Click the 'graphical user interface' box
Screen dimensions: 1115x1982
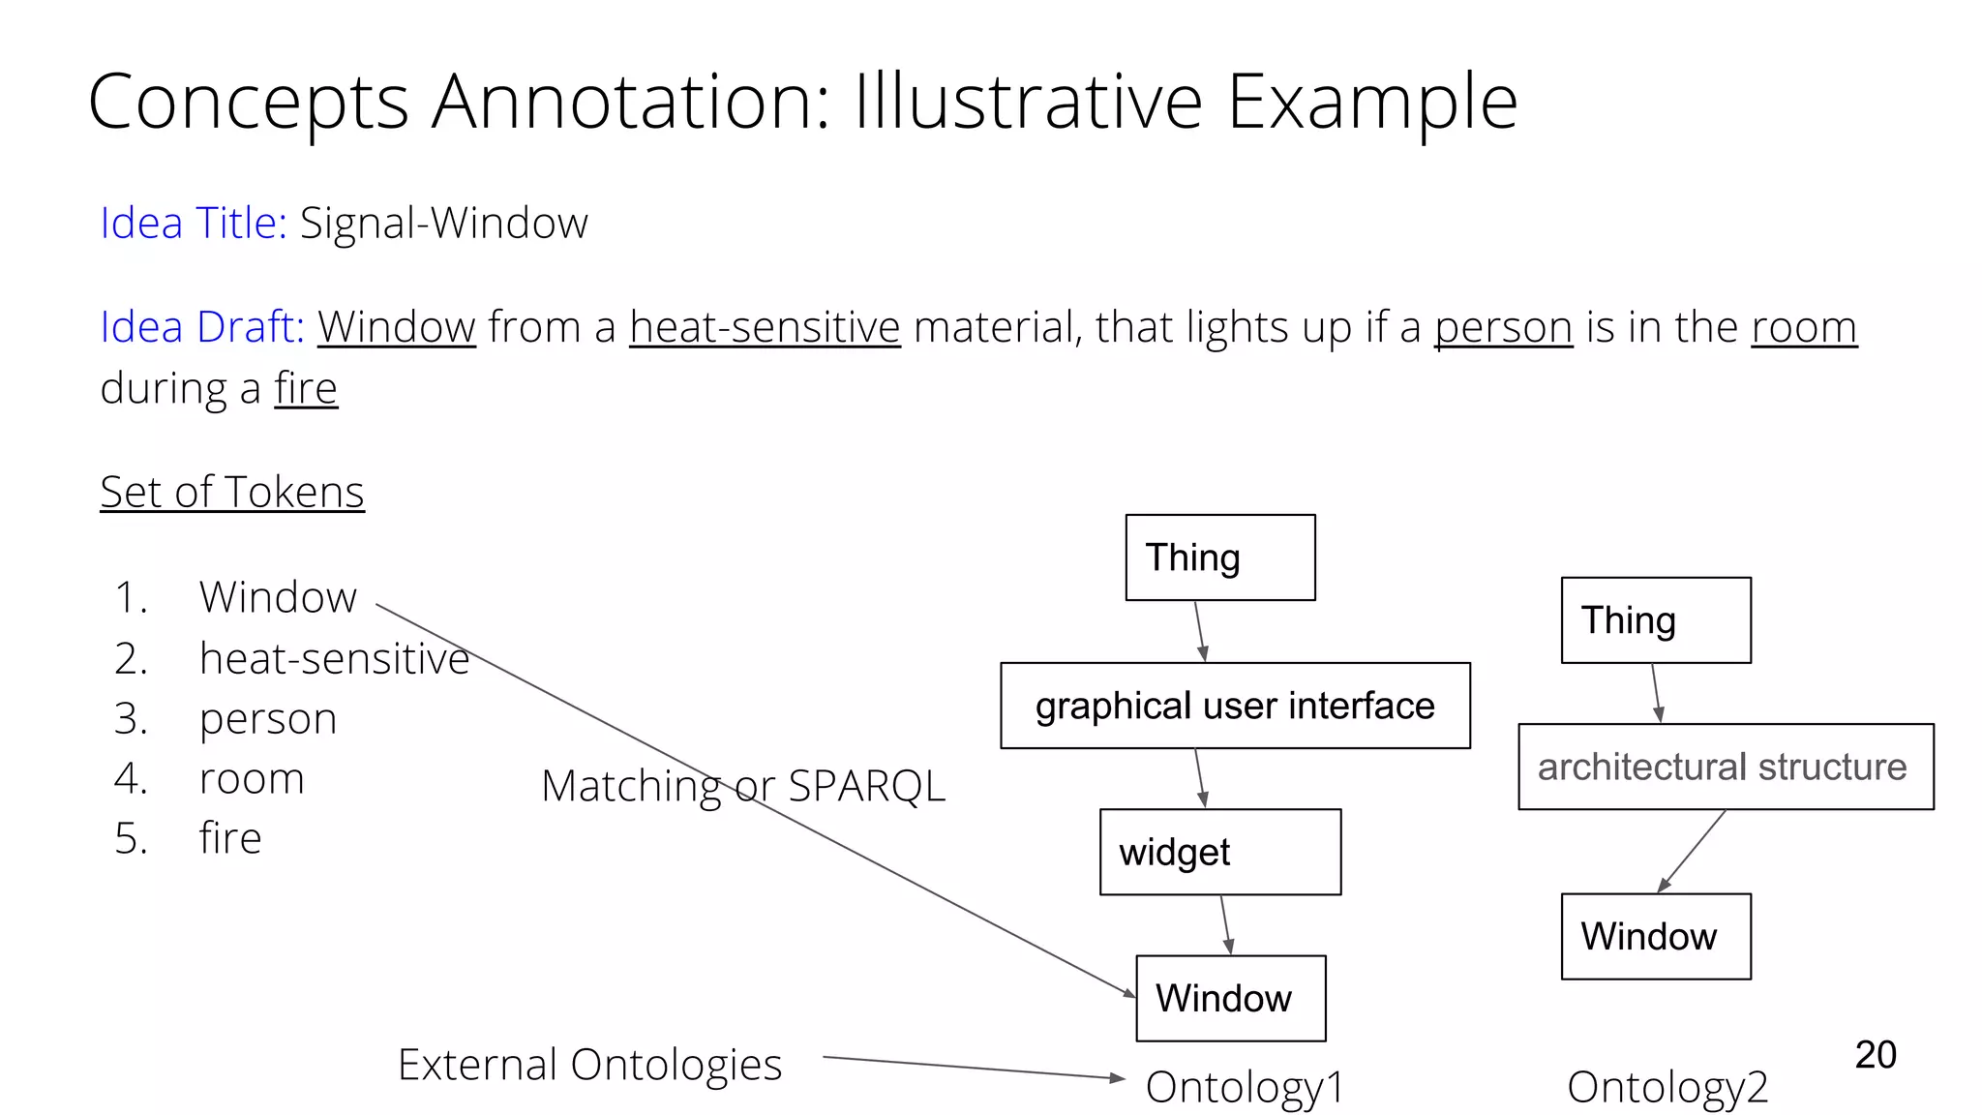point(1235,706)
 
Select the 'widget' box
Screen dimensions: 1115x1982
point(1219,852)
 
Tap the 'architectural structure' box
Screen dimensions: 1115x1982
point(1726,767)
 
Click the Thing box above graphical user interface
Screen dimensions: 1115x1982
point(1219,557)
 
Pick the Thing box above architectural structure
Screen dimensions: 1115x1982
point(1655,620)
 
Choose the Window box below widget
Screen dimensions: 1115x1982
point(1230,998)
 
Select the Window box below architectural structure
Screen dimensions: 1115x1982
point(1655,936)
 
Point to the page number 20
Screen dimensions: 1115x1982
point(1875,1054)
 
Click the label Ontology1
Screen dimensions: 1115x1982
point(1245,1087)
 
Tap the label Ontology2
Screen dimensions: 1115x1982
point(1667,1087)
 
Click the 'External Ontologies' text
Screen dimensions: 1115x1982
point(589,1065)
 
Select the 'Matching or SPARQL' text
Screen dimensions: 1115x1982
point(742,786)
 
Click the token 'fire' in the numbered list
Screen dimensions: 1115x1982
point(230,838)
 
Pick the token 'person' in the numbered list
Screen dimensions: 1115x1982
point(268,719)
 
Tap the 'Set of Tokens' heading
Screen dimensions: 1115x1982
point(232,492)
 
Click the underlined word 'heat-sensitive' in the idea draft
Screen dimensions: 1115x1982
point(765,327)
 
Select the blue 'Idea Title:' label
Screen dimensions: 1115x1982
point(194,224)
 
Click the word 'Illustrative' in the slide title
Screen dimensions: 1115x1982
point(1028,102)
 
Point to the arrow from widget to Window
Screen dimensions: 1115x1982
point(1225,924)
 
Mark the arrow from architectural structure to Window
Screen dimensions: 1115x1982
point(1691,852)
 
